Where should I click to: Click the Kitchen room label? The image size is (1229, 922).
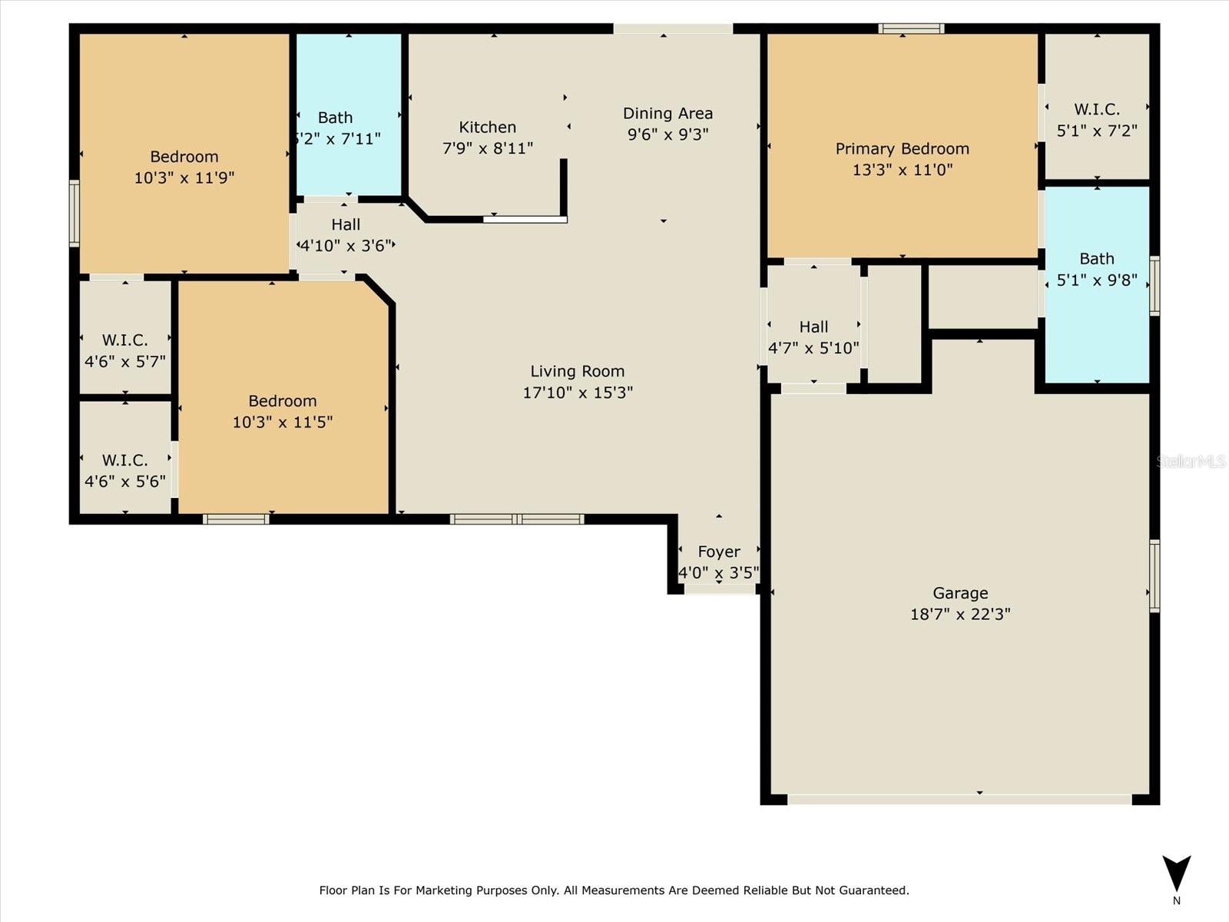(487, 128)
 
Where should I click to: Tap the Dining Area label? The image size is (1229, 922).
(668, 114)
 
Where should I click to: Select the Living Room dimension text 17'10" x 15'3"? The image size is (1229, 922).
(578, 393)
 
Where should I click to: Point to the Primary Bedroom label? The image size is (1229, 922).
(902, 149)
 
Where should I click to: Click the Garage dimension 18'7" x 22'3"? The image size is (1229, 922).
(960, 614)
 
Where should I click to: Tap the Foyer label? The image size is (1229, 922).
(719, 552)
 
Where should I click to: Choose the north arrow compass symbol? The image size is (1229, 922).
(1176, 874)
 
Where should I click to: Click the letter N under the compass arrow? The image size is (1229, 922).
(1176, 900)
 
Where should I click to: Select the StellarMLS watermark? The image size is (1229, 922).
(1191, 461)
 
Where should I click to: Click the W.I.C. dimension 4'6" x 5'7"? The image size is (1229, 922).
(125, 362)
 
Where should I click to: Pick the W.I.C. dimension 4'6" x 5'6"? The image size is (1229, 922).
(125, 482)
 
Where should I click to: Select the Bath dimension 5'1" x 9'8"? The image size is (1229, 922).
(1096, 280)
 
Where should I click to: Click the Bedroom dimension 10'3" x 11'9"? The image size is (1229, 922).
(184, 178)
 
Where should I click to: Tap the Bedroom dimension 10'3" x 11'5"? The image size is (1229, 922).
(282, 422)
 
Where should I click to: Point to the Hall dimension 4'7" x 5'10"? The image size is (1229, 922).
(813, 348)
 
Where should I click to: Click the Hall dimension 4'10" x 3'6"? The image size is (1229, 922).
(346, 246)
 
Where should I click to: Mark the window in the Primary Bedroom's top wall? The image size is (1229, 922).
(911, 28)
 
